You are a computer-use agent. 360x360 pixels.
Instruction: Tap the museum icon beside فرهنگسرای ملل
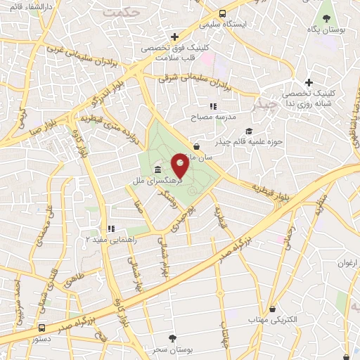coord(156,171)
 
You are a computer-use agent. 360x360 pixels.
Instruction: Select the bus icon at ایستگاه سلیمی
coord(223,13)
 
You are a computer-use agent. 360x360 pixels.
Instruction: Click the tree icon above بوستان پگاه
coord(327,17)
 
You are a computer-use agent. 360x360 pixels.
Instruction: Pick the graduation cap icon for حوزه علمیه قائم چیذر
coord(248,131)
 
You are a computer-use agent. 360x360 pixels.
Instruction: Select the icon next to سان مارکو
coord(196,146)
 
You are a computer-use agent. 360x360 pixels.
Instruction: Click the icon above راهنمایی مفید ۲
coord(110,229)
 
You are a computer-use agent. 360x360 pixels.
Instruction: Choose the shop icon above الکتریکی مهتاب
coord(272,309)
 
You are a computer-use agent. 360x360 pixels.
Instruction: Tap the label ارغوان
coord(347,263)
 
